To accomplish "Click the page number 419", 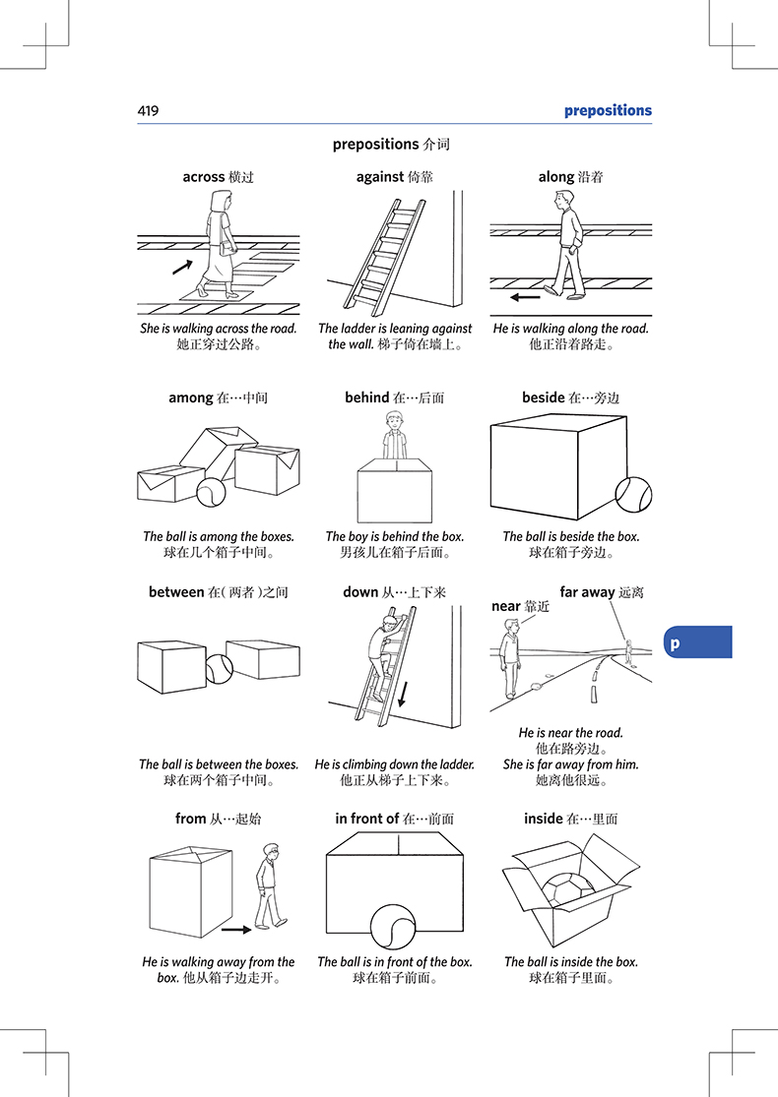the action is (x=149, y=110).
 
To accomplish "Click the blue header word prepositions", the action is (x=608, y=110).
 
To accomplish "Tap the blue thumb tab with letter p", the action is (x=697, y=642).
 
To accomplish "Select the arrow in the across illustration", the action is (x=183, y=267).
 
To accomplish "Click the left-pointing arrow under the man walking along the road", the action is (x=525, y=297).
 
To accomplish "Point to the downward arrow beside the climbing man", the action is (x=403, y=694).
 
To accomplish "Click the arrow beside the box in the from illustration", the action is (x=236, y=930).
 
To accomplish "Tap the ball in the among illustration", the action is (x=211, y=492).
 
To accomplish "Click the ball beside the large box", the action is (x=634, y=495).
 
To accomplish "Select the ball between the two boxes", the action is (x=220, y=669).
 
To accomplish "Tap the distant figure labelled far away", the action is (x=628, y=651).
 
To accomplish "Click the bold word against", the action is (x=380, y=177).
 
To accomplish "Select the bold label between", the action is (x=176, y=592).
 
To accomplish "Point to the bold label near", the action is (x=506, y=607).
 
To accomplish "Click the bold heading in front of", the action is (x=367, y=819).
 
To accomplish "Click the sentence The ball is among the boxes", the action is (x=219, y=536).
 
